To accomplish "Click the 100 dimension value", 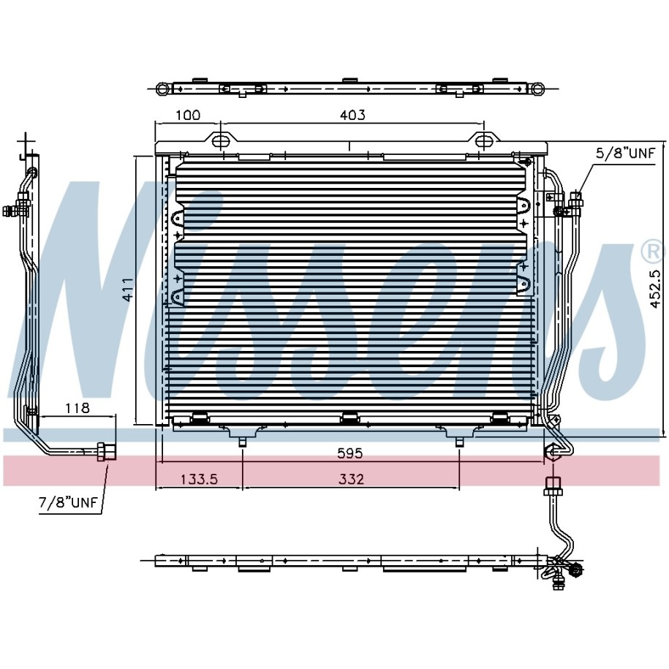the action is [188, 116].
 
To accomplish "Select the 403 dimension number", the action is [353, 116].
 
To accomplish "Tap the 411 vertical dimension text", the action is [128, 290].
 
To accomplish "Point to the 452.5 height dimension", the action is [655, 288].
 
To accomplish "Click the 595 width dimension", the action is [350, 453].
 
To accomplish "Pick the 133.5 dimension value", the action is [200, 479].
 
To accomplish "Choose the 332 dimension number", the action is [352, 479].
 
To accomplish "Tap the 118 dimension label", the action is [78, 408].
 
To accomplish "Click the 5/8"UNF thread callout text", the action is [625, 153].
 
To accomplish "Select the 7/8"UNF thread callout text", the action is [68, 502].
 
